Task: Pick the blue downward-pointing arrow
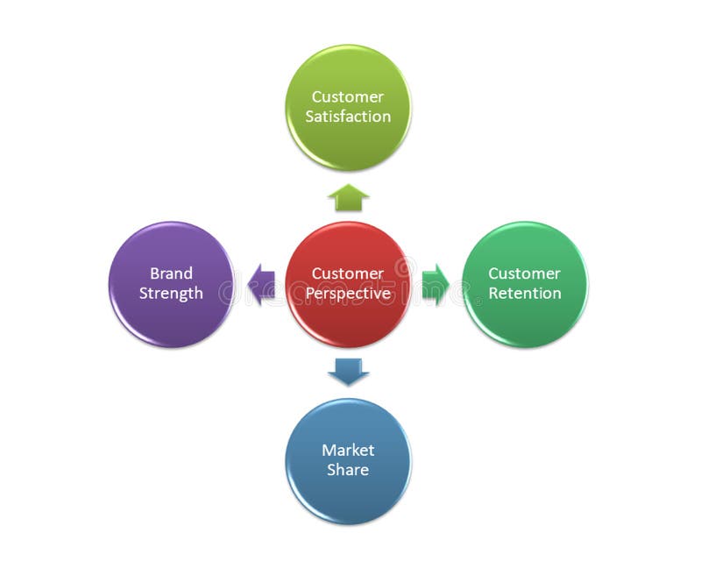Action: click(x=349, y=372)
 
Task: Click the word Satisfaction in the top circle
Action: click(x=348, y=117)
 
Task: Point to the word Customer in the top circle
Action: click(x=348, y=96)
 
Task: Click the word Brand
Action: click(x=171, y=273)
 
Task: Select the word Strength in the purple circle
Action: click(x=171, y=294)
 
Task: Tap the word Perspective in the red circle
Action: click(x=348, y=294)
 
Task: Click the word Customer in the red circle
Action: click(x=348, y=273)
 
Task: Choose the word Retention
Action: click(x=525, y=294)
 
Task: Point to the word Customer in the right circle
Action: click(x=525, y=273)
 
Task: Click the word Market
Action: click(x=348, y=450)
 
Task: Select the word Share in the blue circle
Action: click(x=348, y=470)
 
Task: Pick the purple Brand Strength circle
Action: click(x=171, y=320)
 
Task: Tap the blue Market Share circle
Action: click(x=348, y=495)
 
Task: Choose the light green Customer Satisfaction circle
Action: click(x=348, y=145)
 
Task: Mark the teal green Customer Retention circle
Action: click(x=525, y=320)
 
